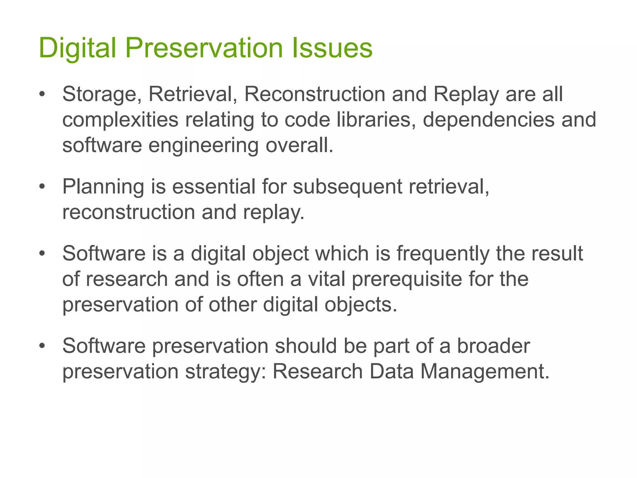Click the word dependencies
click(x=489, y=120)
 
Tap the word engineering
click(x=203, y=146)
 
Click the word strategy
click(x=226, y=372)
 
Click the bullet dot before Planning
click(x=42, y=187)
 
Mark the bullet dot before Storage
click(x=42, y=94)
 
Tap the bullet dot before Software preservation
click(x=42, y=346)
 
